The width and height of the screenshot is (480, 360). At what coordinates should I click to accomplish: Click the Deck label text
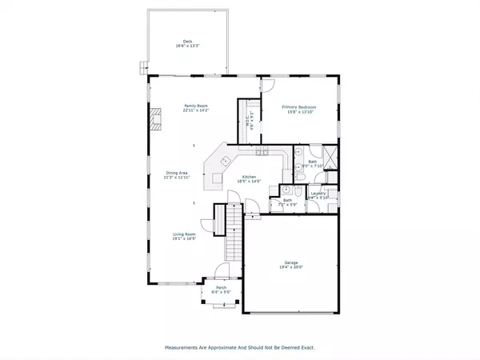point(187,41)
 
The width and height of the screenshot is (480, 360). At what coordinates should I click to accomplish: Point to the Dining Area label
point(177,173)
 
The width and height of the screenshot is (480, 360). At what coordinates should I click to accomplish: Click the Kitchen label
point(249,176)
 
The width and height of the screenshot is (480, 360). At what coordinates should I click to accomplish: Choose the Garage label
point(290,262)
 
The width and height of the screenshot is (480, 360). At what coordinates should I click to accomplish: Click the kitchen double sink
point(262,151)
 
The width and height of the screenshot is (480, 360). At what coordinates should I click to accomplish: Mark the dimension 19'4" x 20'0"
point(290,267)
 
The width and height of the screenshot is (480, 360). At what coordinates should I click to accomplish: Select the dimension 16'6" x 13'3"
point(187,46)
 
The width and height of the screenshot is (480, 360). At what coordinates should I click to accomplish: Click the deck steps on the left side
point(144,65)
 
